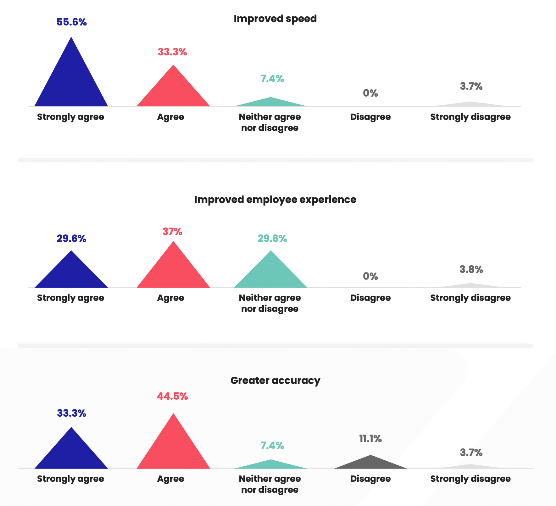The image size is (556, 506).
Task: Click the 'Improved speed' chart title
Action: point(275,19)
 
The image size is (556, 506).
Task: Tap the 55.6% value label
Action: point(72,22)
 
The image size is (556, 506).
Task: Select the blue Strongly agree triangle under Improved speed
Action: point(71,82)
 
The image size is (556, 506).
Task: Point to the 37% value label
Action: point(172,232)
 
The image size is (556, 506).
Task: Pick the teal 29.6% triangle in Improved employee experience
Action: point(271,274)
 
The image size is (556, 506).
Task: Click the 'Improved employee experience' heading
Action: point(275,200)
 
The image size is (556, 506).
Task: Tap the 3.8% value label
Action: point(471,270)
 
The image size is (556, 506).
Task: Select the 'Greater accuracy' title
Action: point(275,381)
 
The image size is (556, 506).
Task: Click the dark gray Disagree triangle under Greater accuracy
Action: point(370,463)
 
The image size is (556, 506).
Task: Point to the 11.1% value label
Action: point(370,439)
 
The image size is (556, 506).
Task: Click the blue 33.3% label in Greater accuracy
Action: point(72,413)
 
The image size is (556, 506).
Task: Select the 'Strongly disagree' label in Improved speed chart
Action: point(470,117)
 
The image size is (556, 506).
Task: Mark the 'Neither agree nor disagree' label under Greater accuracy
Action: point(270,484)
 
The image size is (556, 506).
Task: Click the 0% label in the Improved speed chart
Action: point(370,93)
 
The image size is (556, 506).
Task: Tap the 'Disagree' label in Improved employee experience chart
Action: point(370,298)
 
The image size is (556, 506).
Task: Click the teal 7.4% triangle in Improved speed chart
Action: point(271,103)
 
